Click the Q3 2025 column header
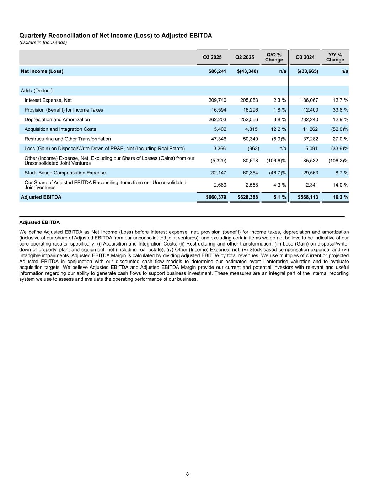pyautogui.click(x=212, y=57)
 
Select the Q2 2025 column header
pyautogui.click(x=245, y=57)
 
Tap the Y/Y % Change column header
pyautogui.click(x=335, y=57)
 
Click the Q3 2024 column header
pyautogui.click(x=305, y=57)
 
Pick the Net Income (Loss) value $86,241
pyautogui.click(x=217, y=71)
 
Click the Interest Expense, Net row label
pyautogui.click(x=48, y=101)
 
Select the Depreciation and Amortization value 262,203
pyautogui.click(x=217, y=120)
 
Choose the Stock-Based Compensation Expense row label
pyautogui.click(x=65, y=173)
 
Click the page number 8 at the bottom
pyautogui.click(x=187, y=474)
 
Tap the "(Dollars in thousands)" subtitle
pyautogui.click(x=43, y=43)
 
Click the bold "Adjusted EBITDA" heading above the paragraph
pyautogui.click(x=39, y=223)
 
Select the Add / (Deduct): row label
pyautogui.click(x=37, y=91)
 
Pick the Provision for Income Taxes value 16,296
pyautogui.click(x=249, y=110)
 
